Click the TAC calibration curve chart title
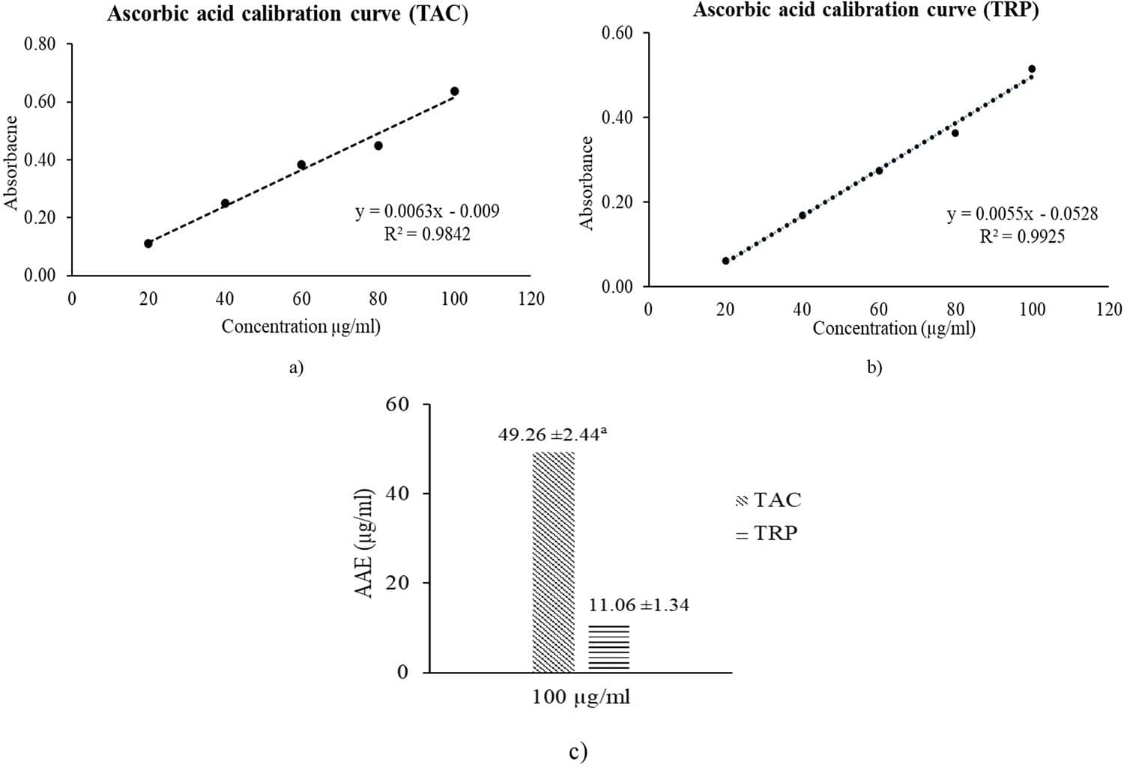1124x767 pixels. click(287, 14)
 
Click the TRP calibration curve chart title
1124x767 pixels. click(865, 10)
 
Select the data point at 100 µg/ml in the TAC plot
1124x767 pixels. click(454, 91)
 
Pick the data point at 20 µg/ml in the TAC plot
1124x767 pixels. click(148, 243)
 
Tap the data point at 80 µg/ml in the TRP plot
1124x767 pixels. click(955, 133)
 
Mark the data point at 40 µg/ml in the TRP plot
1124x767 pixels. click(802, 216)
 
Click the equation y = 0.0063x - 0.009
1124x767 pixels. click(427, 211)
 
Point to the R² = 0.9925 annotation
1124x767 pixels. click(1022, 237)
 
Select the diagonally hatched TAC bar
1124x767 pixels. click(553, 562)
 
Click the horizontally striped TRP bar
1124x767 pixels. click(608, 648)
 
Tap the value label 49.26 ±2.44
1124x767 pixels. click(552, 434)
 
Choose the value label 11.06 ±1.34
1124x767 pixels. click(638, 605)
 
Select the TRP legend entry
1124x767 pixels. click(767, 534)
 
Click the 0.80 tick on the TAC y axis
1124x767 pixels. click(40, 44)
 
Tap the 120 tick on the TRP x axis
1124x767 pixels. click(1109, 309)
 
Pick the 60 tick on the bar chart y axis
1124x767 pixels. click(397, 404)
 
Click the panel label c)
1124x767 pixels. click(578, 751)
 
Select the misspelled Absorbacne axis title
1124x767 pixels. click(10, 162)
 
